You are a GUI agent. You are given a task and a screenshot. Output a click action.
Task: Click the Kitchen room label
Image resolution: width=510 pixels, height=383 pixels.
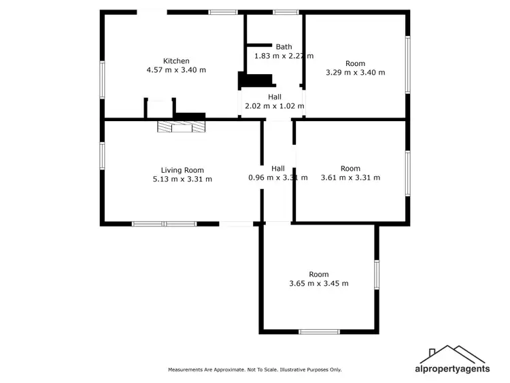(x=176, y=61)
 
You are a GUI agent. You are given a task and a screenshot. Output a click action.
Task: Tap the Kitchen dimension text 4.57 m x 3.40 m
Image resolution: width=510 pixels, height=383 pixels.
(x=176, y=70)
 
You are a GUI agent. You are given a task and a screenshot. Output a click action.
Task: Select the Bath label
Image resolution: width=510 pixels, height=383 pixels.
(x=284, y=47)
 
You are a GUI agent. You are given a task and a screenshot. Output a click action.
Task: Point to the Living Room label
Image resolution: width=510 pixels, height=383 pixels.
(x=182, y=170)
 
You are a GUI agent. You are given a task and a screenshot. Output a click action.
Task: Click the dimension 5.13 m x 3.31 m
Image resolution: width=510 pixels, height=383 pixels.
(x=182, y=180)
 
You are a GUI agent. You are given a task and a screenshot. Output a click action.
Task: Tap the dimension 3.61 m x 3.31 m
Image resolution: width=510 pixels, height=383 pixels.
(x=350, y=178)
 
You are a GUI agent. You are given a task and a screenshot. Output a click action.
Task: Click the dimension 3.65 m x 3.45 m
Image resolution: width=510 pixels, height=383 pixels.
(x=319, y=283)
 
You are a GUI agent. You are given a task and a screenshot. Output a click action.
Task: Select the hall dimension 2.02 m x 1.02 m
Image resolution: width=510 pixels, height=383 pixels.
(x=274, y=106)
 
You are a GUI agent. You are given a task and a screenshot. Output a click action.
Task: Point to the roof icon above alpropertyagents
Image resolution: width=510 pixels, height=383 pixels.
(x=452, y=354)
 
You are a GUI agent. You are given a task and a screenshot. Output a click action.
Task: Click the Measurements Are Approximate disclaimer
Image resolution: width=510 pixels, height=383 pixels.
(x=255, y=369)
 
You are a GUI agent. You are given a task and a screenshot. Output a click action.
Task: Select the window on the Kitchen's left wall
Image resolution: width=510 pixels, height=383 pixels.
(x=103, y=79)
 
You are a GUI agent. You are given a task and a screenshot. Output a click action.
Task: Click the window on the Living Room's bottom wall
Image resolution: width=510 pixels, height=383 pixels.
(x=165, y=223)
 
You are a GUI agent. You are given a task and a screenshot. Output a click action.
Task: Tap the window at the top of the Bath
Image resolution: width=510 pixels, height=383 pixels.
(x=286, y=12)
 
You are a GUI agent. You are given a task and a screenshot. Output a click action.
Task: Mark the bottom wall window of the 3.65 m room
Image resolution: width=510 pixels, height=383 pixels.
(x=319, y=332)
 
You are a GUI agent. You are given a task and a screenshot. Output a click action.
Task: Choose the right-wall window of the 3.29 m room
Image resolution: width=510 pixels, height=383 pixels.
(x=408, y=65)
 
